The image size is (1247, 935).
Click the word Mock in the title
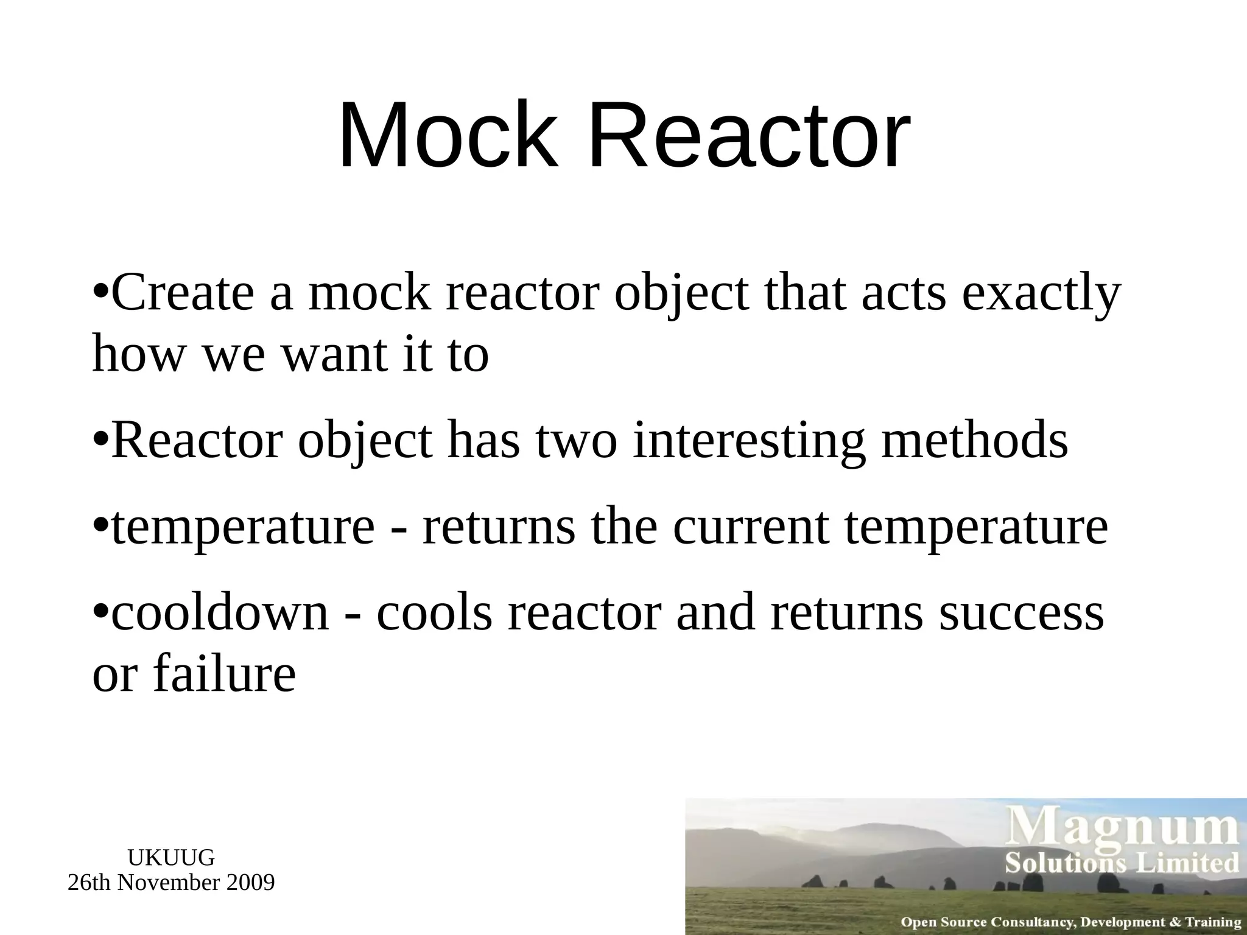(x=448, y=135)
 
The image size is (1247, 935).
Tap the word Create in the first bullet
(x=183, y=293)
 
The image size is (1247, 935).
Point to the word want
(x=334, y=355)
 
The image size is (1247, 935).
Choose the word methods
(x=975, y=441)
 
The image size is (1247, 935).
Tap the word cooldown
(x=220, y=612)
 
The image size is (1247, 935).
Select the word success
(x=1021, y=614)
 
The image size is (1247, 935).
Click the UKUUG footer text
(x=171, y=858)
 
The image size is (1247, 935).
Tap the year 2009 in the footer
(x=250, y=883)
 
